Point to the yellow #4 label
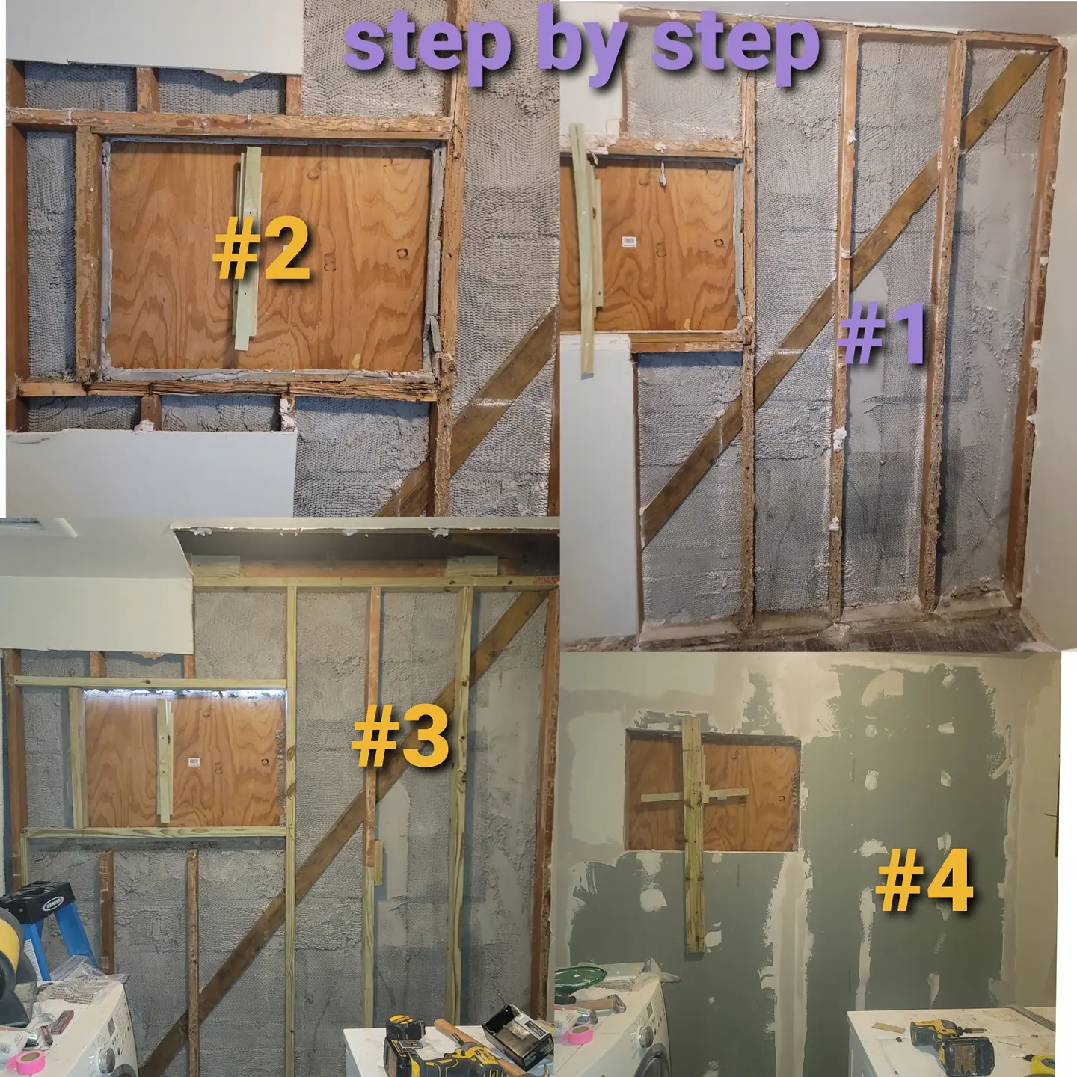point(924,884)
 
